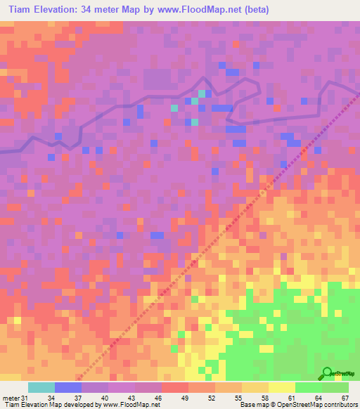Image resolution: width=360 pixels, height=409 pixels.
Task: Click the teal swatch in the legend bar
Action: click(41, 388)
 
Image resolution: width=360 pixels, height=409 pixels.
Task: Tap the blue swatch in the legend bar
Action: click(68, 388)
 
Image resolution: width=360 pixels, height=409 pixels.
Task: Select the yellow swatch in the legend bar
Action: click(282, 388)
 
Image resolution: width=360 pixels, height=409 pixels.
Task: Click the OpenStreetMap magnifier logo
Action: click(327, 373)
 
